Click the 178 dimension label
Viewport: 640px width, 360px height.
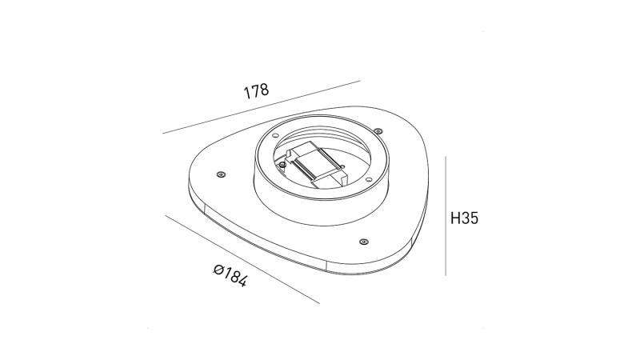point(256,91)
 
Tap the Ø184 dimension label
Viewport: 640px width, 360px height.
point(230,275)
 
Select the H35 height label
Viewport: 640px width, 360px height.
point(464,218)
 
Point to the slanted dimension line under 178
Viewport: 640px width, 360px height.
point(262,107)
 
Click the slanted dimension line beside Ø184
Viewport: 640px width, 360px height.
point(242,259)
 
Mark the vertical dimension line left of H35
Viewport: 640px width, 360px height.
point(446,215)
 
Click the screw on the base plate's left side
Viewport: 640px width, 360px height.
point(221,174)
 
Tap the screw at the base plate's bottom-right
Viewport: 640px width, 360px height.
point(363,242)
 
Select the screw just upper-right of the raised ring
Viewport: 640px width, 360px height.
point(378,130)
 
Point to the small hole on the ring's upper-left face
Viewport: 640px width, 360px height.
point(275,135)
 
